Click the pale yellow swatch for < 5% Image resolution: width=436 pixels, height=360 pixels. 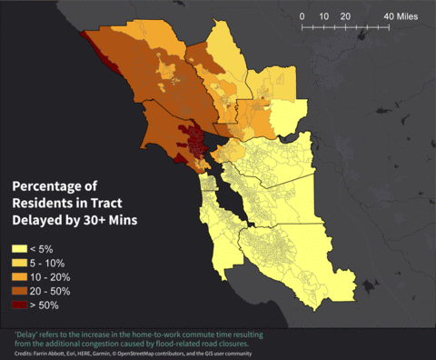[18, 248]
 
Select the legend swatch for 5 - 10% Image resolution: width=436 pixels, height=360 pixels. [18, 262]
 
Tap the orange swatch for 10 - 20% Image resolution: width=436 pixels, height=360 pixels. [18, 276]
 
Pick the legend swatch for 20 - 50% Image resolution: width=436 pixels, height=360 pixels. [18, 290]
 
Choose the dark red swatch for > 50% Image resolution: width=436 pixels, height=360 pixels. [18, 305]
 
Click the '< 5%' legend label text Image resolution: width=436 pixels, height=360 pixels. [48, 248]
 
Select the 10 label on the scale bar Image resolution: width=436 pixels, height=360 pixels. [324, 17]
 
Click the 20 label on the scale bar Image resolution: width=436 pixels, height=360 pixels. [345, 17]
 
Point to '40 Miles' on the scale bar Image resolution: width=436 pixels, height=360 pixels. [401, 17]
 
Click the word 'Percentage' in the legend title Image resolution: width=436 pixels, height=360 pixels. [51, 185]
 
